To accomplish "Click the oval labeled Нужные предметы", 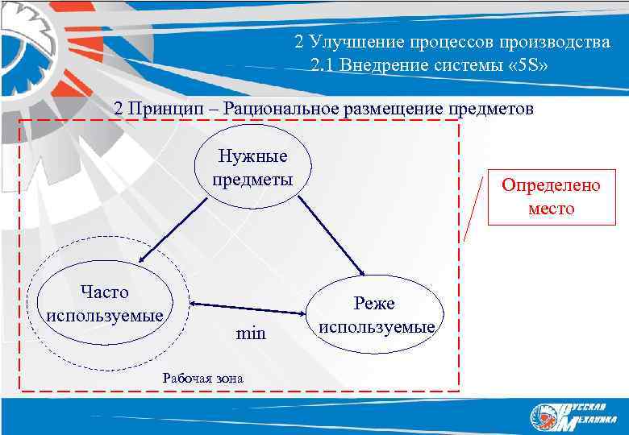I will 252,166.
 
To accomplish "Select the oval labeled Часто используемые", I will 105,302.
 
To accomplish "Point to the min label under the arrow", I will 251,332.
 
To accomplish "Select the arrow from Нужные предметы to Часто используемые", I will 172,230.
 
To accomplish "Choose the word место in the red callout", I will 552,209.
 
